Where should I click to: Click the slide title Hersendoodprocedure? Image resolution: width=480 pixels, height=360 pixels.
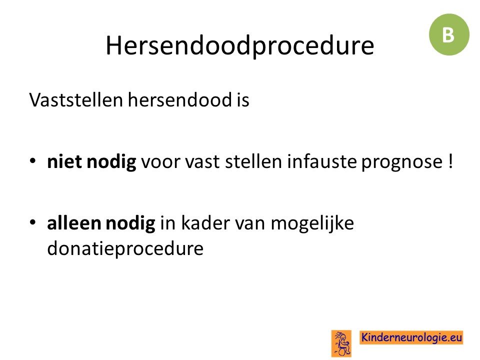(x=239, y=46)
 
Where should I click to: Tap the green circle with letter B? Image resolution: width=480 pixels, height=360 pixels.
(x=449, y=34)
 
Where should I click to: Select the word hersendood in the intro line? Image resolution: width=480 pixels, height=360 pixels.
(x=179, y=100)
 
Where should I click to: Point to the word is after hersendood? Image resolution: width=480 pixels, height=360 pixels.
(x=243, y=100)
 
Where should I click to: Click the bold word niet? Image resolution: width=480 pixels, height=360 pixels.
(x=64, y=161)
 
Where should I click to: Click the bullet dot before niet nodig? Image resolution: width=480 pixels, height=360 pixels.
(x=33, y=161)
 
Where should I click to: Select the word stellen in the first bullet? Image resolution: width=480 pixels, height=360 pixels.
(x=253, y=161)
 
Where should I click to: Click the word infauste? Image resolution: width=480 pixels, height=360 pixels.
(x=321, y=161)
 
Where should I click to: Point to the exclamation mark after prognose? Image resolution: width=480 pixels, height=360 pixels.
(x=449, y=161)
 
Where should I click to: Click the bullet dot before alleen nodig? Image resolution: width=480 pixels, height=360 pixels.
(x=33, y=222)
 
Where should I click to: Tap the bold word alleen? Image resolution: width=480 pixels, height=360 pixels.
(x=74, y=222)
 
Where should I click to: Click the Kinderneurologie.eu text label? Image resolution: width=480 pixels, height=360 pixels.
(x=411, y=337)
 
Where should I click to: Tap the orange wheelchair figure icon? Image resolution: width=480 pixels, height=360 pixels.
(x=341, y=343)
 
